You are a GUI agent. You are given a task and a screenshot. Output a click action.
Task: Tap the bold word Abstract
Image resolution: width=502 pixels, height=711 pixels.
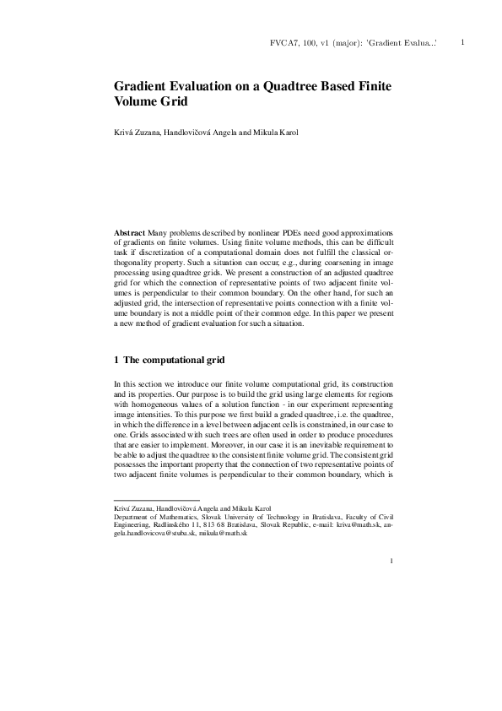click(x=129, y=231)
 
